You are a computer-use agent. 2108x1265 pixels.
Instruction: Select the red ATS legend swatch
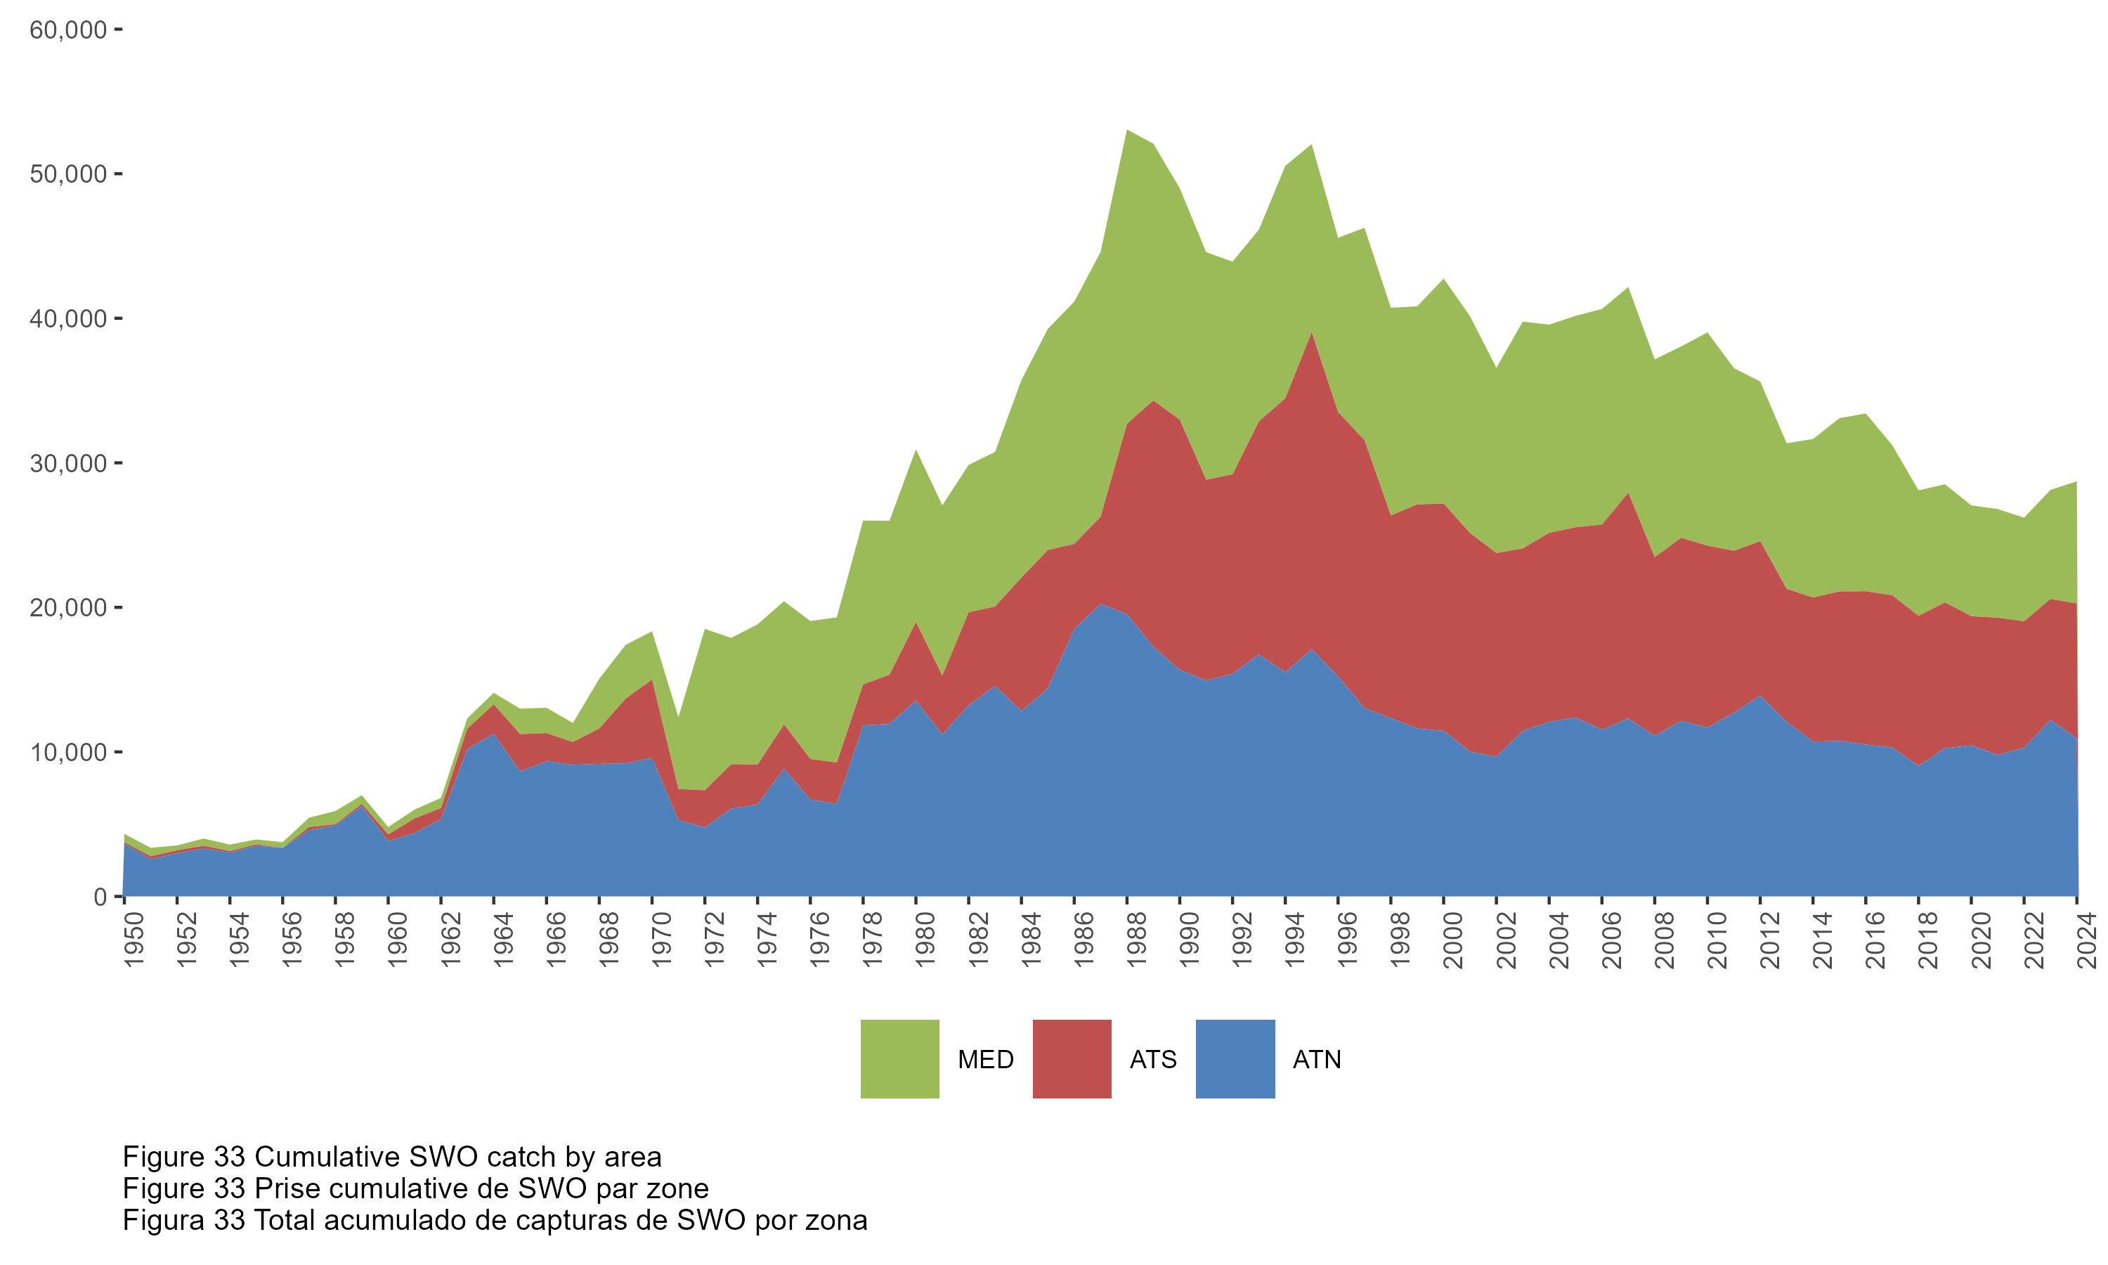click(1071, 1058)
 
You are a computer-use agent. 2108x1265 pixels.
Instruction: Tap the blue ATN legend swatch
click(1235, 1058)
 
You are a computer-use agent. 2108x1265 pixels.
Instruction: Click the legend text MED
click(985, 1060)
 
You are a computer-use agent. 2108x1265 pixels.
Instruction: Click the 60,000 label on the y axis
click(68, 30)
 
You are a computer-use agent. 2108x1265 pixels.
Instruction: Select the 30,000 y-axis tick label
click(68, 463)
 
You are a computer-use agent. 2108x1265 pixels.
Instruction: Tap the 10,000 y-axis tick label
click(68, 752)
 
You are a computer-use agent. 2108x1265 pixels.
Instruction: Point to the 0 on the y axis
click(100, 897)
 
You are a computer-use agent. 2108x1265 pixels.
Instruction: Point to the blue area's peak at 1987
click(1101, 604)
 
